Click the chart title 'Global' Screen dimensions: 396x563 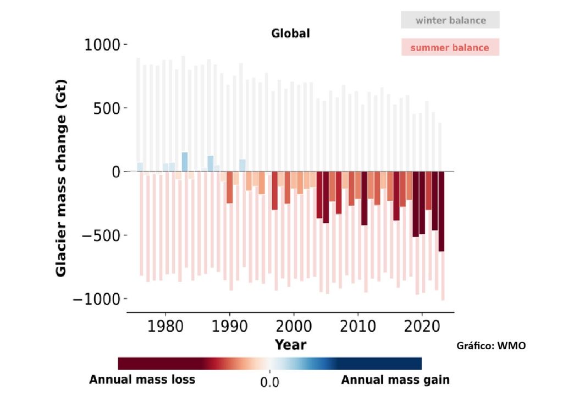pyautogui.click(x=290, y=33)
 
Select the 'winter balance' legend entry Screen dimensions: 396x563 pyautogui.click(x=450, y=20)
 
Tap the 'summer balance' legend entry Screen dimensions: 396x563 pyautogui.click(x=449, y=47)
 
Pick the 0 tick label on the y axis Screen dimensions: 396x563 pyautogui.click(x=116, y=172)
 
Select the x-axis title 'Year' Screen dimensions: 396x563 pyautogui.click(x=290, y=345)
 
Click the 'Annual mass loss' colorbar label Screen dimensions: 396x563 pyautogui.click(x=142, y=380)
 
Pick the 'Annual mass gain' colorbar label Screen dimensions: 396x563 pyautogui.click(x=395, y=380)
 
